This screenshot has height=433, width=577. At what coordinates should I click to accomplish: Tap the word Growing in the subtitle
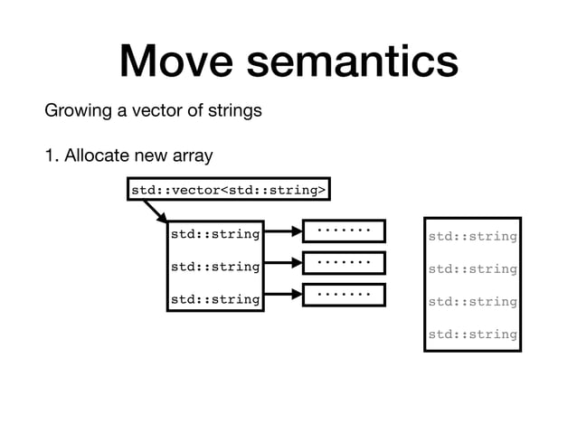80,111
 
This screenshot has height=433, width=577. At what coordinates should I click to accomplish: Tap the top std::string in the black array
215,235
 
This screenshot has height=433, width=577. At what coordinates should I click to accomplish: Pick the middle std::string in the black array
215,268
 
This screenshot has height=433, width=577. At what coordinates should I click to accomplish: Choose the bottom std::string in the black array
215,298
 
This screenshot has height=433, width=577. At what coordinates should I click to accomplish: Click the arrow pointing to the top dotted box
283,233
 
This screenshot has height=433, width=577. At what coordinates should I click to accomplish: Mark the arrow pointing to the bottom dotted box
283,297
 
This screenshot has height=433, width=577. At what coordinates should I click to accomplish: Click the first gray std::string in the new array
472,237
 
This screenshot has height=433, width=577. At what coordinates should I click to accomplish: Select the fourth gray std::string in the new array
472,334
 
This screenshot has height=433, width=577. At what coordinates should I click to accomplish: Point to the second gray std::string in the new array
472,269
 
